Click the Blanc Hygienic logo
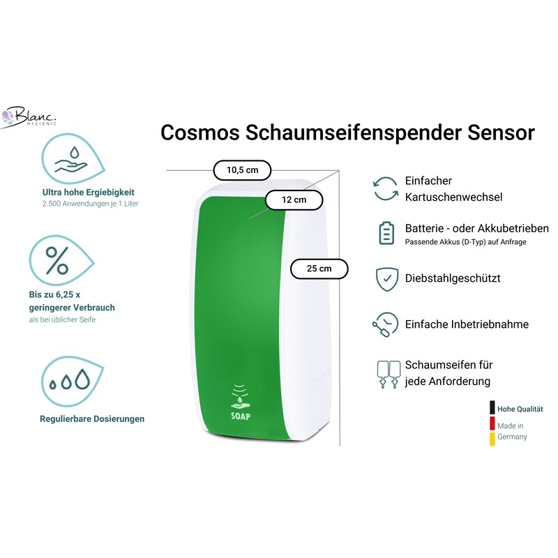click(29, 116)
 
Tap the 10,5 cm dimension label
click(242, 170)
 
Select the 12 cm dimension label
click(294, 200)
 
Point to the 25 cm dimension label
click(319, 269)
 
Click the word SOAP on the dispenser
click(241, 416)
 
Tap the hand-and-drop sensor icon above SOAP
click(240, 396)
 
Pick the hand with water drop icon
click(73, 159)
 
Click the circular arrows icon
click(386, 189)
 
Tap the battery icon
click(386, 233)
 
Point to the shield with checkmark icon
click(387, 279)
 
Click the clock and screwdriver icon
click(385, 324)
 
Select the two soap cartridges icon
click(389, 375)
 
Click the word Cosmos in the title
click(199, 133)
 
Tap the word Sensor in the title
click(501, 133)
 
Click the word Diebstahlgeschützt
click(453, 278)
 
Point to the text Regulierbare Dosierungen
click(92, 419)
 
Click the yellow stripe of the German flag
click(492, 439)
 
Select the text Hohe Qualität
click(520, 409)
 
